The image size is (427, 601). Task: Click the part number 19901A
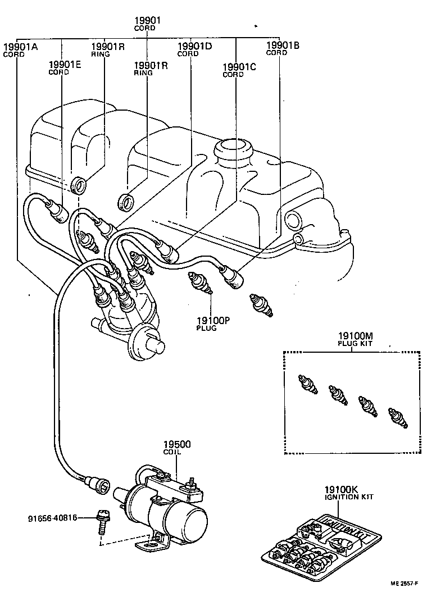point(20,47)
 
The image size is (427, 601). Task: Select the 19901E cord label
point(65,65)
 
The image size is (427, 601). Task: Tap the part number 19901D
point(194,47)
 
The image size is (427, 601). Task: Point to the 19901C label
point(239,67)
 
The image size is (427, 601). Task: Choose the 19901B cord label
point(283,45)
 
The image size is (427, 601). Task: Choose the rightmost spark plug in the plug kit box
point(398,418)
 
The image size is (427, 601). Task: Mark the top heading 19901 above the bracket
point(147,21)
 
